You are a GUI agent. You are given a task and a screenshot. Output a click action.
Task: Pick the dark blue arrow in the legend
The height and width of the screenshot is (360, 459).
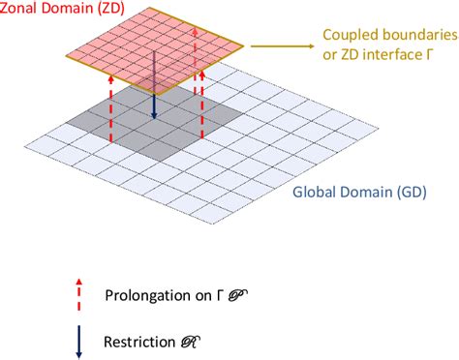tap(78, 345)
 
